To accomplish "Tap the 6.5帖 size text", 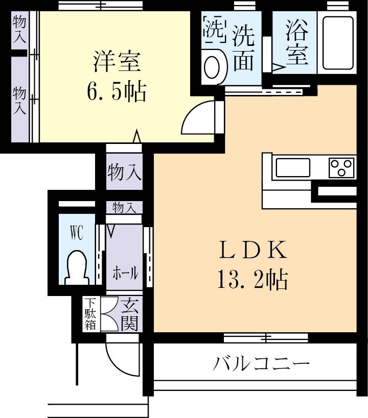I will click(117, 92).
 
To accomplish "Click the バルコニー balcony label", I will click(261, 364).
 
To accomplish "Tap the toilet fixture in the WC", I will click(77, 265).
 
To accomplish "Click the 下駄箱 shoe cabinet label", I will click(90, 313).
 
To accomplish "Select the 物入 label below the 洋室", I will click(124, 172).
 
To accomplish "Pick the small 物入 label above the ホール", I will click(124, 207).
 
